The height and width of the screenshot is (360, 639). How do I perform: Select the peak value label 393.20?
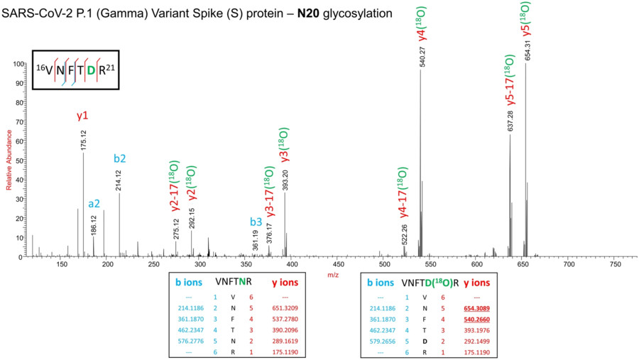point(285,180)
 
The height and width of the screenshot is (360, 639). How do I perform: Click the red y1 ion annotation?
point(83,114)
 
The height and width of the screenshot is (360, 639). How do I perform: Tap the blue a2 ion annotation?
point(94,203)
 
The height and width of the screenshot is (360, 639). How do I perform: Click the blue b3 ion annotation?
point(256,222)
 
